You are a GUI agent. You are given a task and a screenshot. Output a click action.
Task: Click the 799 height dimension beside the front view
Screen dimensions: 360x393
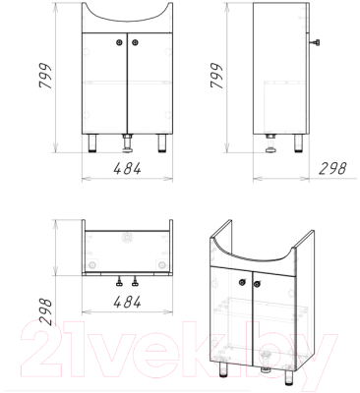(45, 76)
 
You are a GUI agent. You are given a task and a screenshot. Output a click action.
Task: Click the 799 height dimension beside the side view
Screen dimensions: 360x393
(216, 76)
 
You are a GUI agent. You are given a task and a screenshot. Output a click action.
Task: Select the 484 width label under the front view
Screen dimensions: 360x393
(127, 168)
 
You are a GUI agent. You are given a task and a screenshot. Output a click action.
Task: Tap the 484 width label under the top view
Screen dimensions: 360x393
(127, 302)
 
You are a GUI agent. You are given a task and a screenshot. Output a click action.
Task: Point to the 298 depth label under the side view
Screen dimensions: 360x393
(332, 168)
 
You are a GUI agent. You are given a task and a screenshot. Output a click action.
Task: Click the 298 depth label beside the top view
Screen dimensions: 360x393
(45, 311)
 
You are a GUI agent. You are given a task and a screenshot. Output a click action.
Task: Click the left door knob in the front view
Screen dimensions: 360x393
(119, 42)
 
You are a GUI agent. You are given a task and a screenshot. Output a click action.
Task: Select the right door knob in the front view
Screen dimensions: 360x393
(135, 42)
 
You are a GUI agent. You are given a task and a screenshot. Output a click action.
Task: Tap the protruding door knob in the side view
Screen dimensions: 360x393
(315, 42)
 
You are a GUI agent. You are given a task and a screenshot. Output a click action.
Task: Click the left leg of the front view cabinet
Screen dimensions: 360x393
(92, 143)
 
